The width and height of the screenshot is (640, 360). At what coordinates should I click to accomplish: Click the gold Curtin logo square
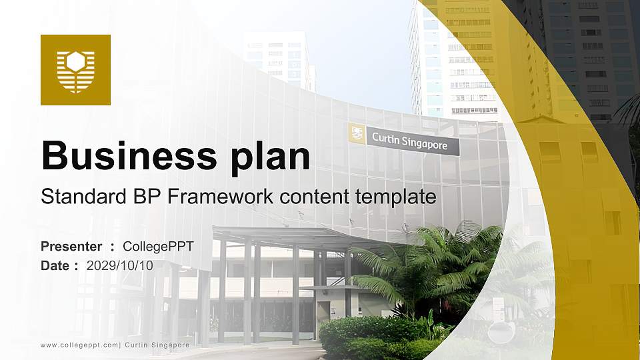click(75, 70)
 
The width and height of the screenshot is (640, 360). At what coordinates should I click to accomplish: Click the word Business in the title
click(129, 155)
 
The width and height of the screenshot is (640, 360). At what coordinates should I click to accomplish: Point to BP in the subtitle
click(147, 196)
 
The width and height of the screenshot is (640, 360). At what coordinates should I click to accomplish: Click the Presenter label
click(71, 246)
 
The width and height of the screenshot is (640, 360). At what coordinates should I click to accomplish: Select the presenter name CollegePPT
click(159, 247)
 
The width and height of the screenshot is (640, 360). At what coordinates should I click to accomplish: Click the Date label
click(55, 266)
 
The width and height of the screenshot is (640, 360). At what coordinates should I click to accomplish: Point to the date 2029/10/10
click(119, 266)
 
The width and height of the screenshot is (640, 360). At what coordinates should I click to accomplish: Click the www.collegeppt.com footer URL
click(79, 345)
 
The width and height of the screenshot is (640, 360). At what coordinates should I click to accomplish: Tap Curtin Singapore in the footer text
click(157, 345)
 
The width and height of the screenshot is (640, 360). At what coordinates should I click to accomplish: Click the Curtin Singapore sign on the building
click(404, 139)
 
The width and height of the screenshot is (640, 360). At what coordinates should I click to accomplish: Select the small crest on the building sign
click(357, 133)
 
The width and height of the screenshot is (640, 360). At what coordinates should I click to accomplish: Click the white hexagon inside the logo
click(75, 61)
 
